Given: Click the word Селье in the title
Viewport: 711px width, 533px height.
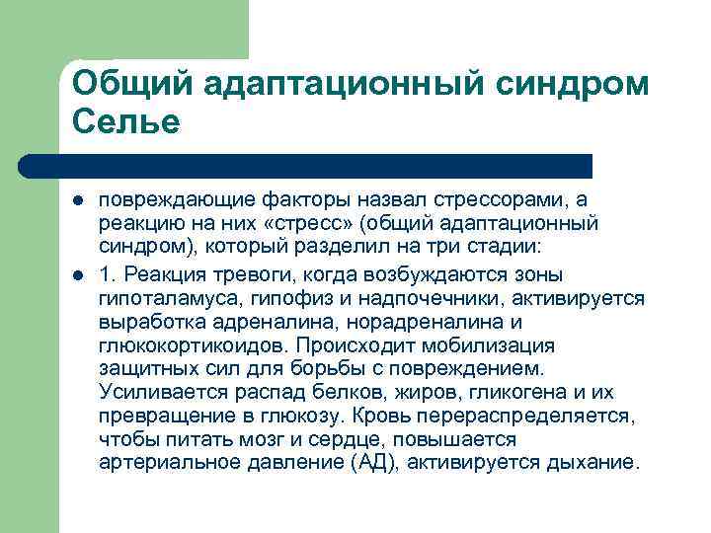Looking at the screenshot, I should tap(126, 122).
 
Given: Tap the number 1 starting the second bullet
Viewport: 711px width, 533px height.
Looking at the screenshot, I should tap(107, 272).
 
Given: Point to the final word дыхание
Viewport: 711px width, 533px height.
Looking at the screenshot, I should tap(595, 463).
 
